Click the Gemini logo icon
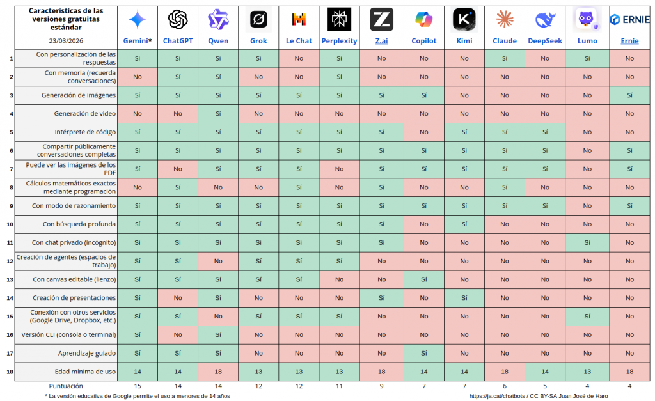pos(138,20)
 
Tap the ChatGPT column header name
pos(178,41)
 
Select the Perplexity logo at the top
pos(339,20)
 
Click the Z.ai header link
pos(381,41)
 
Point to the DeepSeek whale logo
pos(545,20)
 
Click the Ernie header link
pos(629,41)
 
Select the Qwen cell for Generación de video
pos(218,114)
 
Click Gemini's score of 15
pos(138,386)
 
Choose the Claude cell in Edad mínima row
pos(505,372)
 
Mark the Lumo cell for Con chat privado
pos(587,243)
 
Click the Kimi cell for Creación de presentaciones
pos(464,298)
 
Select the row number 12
pos(10,261)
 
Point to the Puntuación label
pos(67,386)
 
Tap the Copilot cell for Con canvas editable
pos(423,279)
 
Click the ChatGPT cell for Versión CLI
pos(178,334)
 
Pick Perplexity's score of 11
pos(339,386)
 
